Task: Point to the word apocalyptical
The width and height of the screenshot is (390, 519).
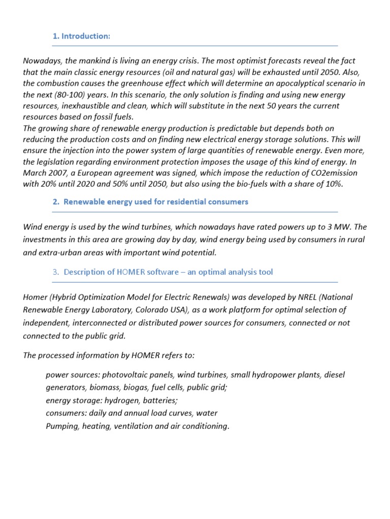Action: (277, 83)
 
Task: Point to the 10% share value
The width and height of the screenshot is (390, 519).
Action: (333, 184)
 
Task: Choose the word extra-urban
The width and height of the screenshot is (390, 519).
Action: (61, 252)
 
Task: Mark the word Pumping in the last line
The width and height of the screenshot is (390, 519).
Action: (61, 426)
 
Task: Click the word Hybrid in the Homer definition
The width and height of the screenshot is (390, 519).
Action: (63, 296)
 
